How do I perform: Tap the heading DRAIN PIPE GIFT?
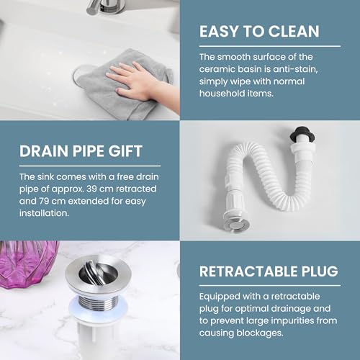(81, 152)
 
